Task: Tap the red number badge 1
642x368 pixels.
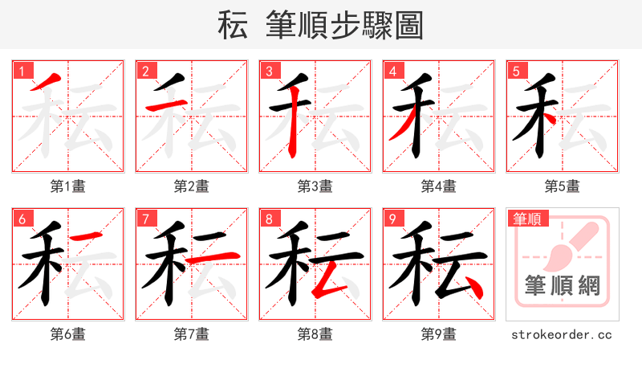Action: pyautogui.click(x=22, y=70)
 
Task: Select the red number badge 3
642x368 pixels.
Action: pyautogui.click(x=269, y=70)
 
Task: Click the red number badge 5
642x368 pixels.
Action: pyautogui.click(x=516, y=70)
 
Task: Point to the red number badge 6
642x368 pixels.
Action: pyautogui.click(x=22, y=218)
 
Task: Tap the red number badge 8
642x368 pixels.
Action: pyautogui.click(x=269, y=218)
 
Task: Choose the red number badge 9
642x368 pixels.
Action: pyautogui.click(x=392, y=218)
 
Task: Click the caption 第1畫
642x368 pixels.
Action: pyautogui.click(x=67, y=186)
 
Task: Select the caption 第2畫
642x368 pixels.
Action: pyautogui.click(x=191, y=186)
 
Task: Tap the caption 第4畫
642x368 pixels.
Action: pyautogui.click(x=438, y=186)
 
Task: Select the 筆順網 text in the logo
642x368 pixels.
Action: pyautogui.click(x=562, y=285)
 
